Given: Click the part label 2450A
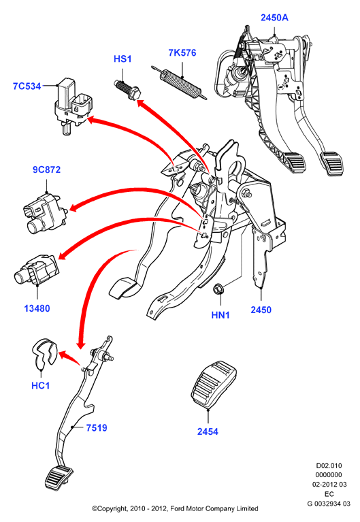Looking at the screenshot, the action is tap(274, 18).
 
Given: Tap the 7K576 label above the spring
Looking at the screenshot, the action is tap(182, 52).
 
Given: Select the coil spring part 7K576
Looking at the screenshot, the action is tap(179, 82).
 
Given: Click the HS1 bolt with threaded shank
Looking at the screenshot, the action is tap(128, 89).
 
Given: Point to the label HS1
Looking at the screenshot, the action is tap(122, 59).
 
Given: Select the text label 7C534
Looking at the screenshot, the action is tap(27, 86).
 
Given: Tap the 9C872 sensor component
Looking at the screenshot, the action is tap(46, 213).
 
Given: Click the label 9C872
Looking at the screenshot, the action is tap(47, 169).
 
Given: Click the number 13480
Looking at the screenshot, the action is tap(37, 308).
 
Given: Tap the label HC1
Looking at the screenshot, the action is tap(40, 385).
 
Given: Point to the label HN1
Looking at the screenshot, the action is tap(220, 314).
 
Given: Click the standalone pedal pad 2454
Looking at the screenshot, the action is tap(214, 384).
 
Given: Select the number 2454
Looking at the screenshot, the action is tap(208, 431).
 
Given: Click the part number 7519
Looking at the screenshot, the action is tap(97, 428).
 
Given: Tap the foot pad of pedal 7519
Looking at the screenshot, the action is tap(59, 478).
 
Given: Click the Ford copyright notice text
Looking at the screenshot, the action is tap(175, 508).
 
